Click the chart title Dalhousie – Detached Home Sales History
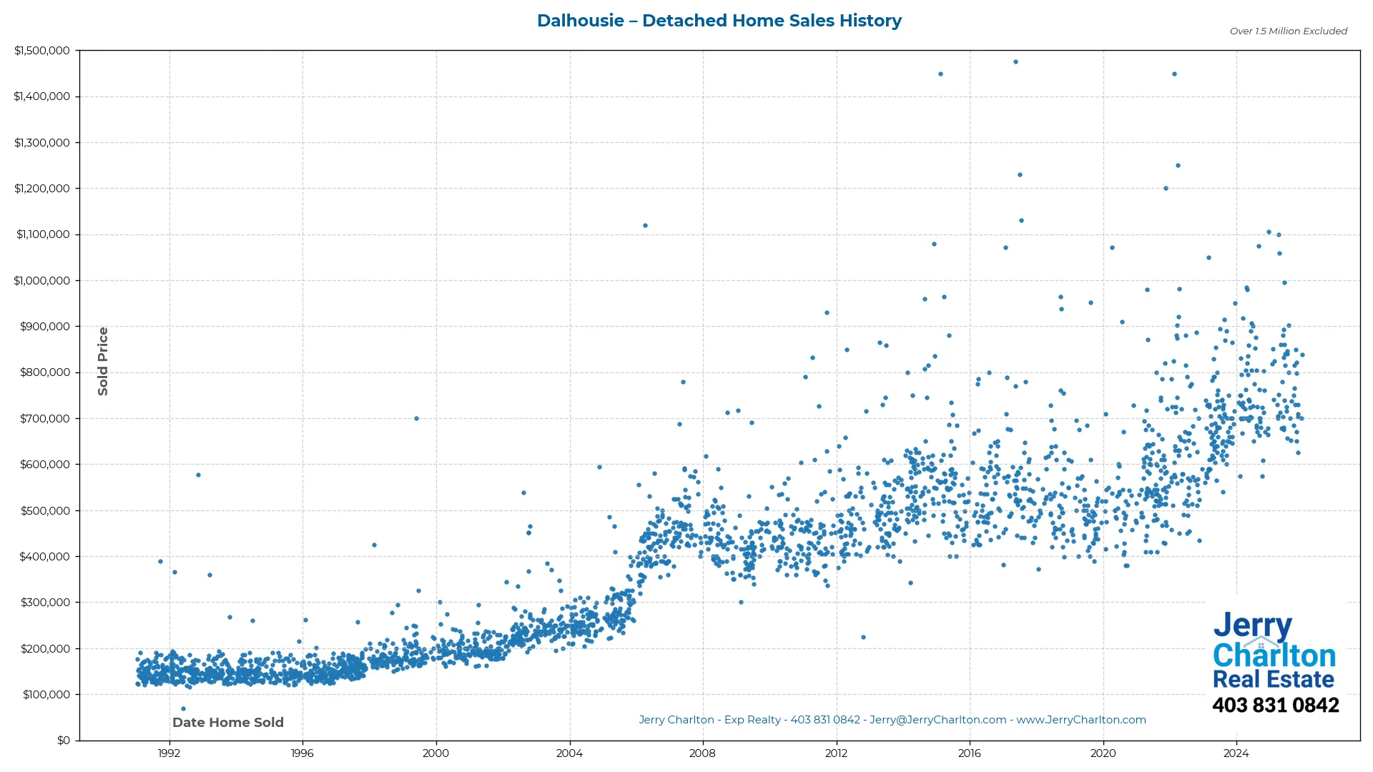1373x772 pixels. [x=719, y=21]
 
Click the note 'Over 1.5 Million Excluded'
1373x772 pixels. [x=1288, y=31]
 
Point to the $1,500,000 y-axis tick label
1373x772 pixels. [x=42, y=51]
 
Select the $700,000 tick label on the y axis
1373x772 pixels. [x=45, y=418]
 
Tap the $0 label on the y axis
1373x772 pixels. [x=64, y=740]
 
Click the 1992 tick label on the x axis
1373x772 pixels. [x=169, y=753]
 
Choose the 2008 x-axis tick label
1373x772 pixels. [x=702, y=753]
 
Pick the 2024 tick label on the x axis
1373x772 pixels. [x=1236, y=753]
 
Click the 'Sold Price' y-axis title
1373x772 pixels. [x=103, y=361]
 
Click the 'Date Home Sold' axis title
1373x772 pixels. [x=228, y=722]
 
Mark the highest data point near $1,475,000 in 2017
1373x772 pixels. [x=1015, y=62]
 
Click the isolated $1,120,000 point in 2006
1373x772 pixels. [x=645, y=225]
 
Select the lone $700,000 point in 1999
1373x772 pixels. [x=417, y=418]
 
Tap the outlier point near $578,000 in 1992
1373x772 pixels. [x=198, y=475]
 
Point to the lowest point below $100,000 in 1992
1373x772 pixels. [x=183, y=708]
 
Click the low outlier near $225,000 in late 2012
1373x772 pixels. [x=863, y=637]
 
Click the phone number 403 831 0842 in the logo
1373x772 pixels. [x=1275, y=705]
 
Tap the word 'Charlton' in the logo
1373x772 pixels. [x=1274, y=655]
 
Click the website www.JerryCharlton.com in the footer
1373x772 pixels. [x=1081, y=720]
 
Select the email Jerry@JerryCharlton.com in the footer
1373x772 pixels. [x=938, y=720]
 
